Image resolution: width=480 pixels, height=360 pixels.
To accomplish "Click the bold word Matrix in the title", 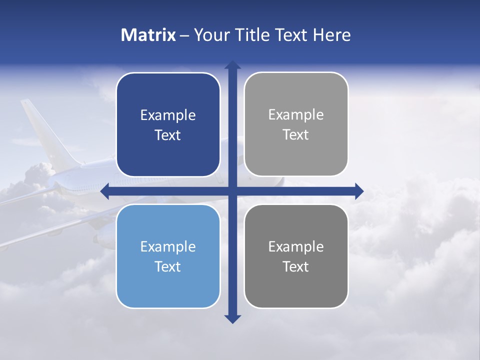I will pyautogui.click(x=148, y=35).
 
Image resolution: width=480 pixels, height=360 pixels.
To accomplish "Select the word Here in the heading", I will pyautogui.click(x=331, y=35).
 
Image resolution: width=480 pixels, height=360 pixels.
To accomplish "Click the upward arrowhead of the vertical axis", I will pyautogui.click(x=232, y=65).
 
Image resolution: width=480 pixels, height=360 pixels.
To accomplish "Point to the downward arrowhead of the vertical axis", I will pyautogui.click(x=232, y=319).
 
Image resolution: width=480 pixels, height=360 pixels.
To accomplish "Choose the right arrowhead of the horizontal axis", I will pyautogui.click(x=359, y=191).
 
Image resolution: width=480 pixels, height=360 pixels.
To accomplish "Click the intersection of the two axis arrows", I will pyautogui.click(x=232, y=191).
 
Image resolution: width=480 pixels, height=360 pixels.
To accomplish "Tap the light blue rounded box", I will pyautogui.click(x=168, y=285).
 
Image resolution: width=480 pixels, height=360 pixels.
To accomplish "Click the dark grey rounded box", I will pyautogui.click(x=296, y=285).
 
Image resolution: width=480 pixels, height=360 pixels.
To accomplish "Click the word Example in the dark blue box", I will pyautogui.click(x=168, y=115).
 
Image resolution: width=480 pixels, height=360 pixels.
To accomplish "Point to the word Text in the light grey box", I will pyautogui.click(x=296, y=134).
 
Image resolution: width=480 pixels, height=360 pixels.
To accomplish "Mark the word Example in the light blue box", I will pyautogui.click(x=168, y=246).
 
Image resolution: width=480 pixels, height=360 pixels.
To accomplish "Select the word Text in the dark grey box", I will pyautogui.click(x=296, y=266).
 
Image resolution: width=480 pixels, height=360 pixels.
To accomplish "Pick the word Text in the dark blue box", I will pyautogui.click(x=168, y=135).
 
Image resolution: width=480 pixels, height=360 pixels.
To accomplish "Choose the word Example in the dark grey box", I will pyautogui.click(x=296, y=246).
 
